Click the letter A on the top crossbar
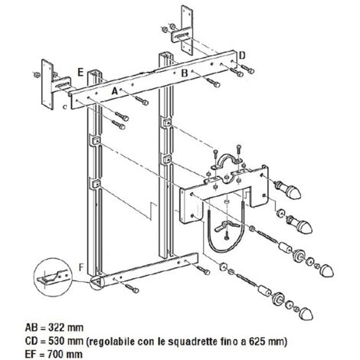(115, 91)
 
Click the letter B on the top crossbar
(185, 74)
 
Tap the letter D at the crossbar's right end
(242, 55)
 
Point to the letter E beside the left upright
(80, 73)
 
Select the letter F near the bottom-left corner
(81, 267)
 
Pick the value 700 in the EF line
(55, 354)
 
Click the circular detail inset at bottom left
(52, 277)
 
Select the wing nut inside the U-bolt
(224, 226)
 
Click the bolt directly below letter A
(142, 100)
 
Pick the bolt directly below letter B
(214, 83)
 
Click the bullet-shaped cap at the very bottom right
(306, 313)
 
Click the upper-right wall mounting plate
(186, 30)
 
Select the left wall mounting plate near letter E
(47, 84)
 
